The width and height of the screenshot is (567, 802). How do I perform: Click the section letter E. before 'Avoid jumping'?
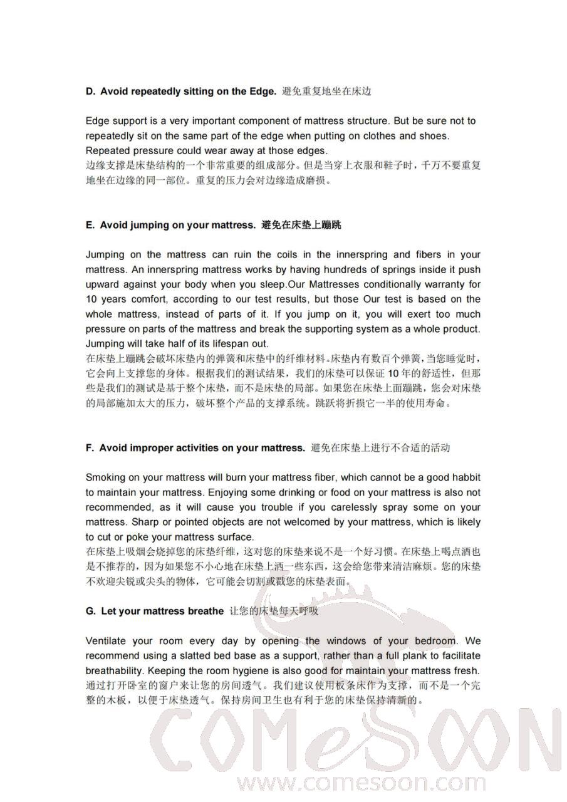(x=90, y=225)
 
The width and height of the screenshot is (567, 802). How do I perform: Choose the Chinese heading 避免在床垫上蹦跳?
(x=301, y=225)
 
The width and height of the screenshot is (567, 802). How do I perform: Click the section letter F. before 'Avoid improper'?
(x=90, y=448)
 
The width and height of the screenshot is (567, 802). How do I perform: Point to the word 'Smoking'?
(x=105, y=477)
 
